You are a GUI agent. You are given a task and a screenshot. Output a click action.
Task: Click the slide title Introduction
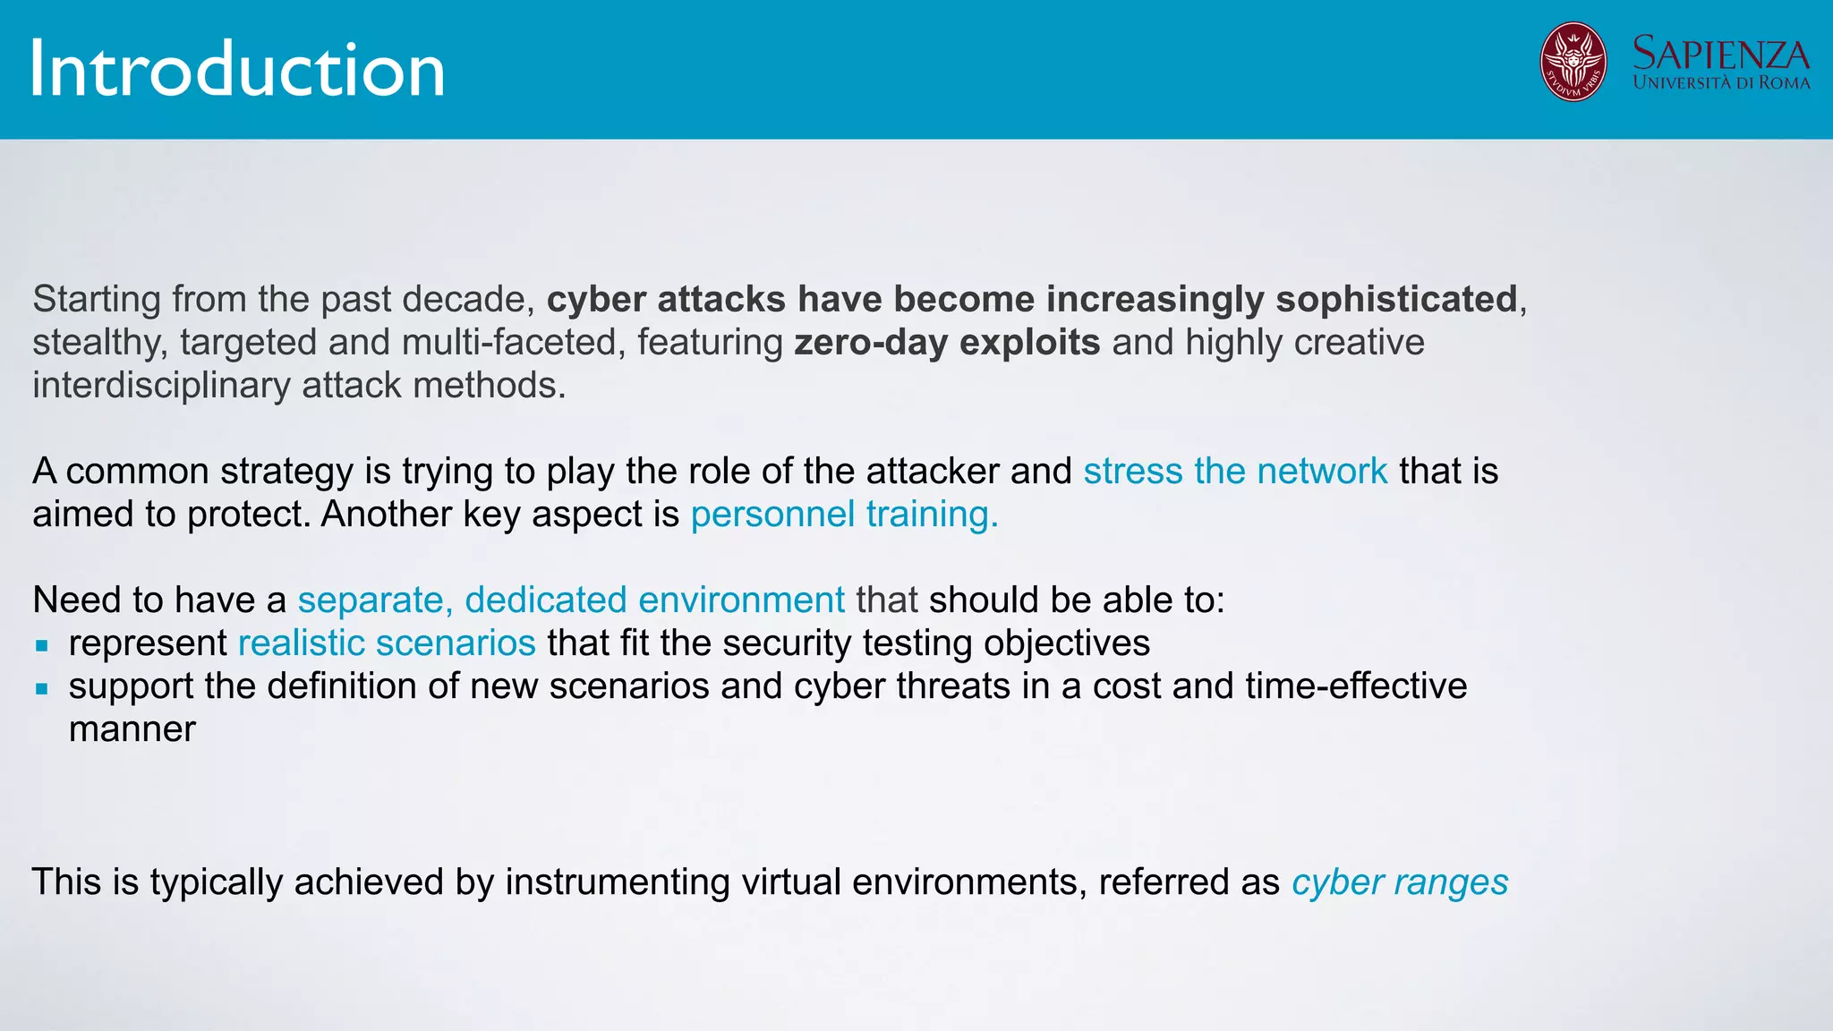pyautogui.click(x=237, y=70)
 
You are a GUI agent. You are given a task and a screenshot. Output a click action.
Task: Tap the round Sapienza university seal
pyautogui.click(x=1573, y=62)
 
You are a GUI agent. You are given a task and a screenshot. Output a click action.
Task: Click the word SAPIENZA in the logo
pyautogui.click(x=1720, y=54)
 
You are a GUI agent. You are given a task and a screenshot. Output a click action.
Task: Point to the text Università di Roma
pyautogui.click(x=1720, y=83)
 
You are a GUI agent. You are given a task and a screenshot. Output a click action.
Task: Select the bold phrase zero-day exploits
pyautogui.click(x=947, y=343)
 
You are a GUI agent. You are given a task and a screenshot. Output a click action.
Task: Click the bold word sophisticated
pyautogui.click(x=1396, y=300)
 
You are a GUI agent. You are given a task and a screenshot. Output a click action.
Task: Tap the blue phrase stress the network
pyautogui.click(x=1235, y=472)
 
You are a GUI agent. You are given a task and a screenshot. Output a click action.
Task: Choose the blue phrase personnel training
pyautogui.click(x=844, y=515)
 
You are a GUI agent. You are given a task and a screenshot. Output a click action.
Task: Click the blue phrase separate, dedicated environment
pyautogui.click(x=571, y=601)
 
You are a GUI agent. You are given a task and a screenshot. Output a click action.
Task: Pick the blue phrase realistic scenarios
pyautogui.click(x=387, y=643)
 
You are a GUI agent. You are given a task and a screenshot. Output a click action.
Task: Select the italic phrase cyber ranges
pyautogui.click(x=1400, y=882)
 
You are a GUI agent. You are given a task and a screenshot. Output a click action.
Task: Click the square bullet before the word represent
pyautogui.click(x=41, y=645)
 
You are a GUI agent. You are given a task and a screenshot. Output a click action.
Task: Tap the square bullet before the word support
pyautogui.click(x=41, y=688)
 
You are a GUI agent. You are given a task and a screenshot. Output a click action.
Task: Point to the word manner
pyautogui.click(x=132, y=729)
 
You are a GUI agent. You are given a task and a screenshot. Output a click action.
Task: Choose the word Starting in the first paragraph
pyautogui.click(x=97, y=300)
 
